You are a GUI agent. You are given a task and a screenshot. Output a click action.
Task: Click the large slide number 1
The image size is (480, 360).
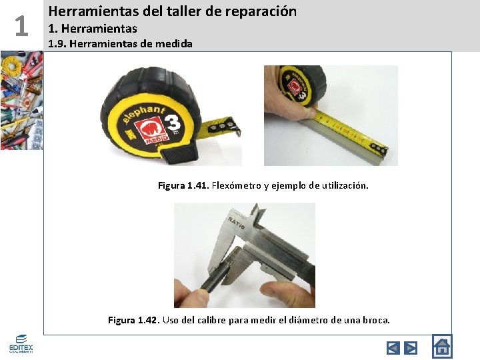point(21,27)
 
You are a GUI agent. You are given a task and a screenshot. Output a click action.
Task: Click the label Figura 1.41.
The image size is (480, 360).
point(183,185)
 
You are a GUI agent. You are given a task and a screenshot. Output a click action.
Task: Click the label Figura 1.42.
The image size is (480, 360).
point(134,320)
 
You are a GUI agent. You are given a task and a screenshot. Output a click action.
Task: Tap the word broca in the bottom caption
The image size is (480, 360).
point(375,320)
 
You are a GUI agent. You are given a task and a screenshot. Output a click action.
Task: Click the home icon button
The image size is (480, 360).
point(441,346)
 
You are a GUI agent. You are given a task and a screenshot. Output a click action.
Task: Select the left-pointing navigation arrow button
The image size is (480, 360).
point(393,347)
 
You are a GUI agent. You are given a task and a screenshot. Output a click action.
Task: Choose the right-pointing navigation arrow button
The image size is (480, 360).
point(411,347)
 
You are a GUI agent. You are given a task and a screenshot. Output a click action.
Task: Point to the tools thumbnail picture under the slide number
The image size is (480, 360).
point(21,101)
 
